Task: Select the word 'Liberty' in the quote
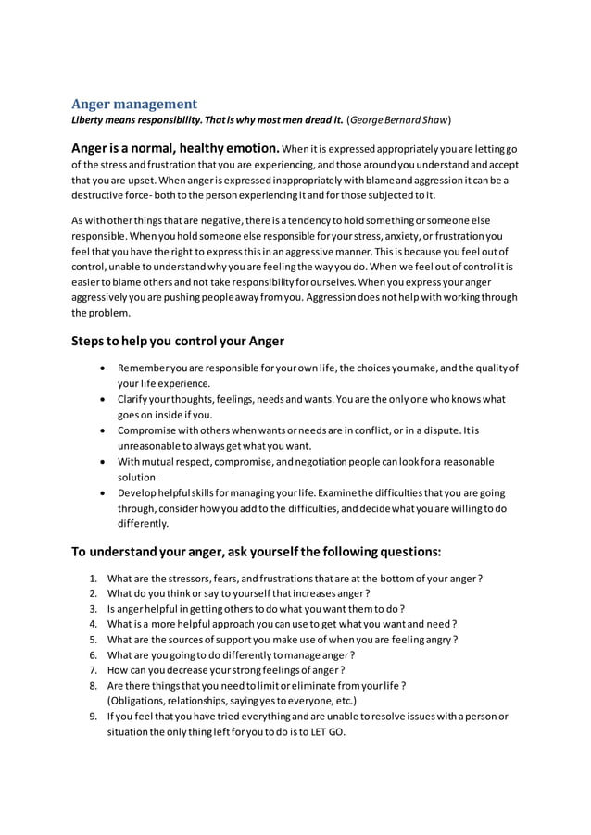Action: tap(91, 120)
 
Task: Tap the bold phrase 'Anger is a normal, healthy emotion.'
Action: tap(175, 148)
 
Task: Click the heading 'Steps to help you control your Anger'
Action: tap(178, 341)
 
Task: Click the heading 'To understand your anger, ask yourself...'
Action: tap(256, 552)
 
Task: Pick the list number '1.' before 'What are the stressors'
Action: tap(94, 579)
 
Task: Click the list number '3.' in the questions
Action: tap(94, 609)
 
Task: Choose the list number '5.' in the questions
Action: tap(94, 640)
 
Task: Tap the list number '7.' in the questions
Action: tap(94, 670)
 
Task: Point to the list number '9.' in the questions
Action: tap(94, 717)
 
